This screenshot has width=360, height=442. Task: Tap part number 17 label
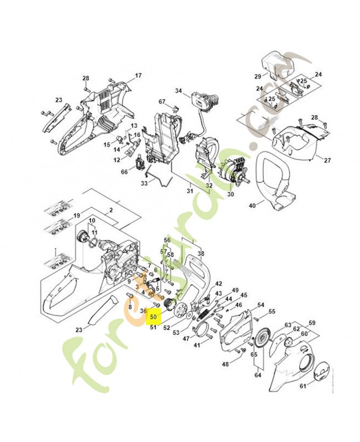(x=138, y=75)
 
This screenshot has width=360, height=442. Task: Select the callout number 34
(x=178, y=91)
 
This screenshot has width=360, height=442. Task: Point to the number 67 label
(x=162, y=102)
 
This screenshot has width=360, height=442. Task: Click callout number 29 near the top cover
(x=257, y=76)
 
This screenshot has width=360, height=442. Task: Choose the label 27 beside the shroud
(x=327, y=160)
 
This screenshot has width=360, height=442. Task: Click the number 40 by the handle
(x=252, y=206)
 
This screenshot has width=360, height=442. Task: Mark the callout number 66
(x=124, y=172)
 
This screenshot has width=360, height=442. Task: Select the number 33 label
(x=144, y=183)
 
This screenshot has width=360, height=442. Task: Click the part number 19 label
(x=77, y=215)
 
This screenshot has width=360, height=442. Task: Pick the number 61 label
(x=303, y=386)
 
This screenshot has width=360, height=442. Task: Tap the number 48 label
(x=225, y=364)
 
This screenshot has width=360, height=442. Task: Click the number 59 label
(x=311, y=323)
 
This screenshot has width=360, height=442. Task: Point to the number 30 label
(x=230, y=194)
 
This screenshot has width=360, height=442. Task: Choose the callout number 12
(x=117, y=160)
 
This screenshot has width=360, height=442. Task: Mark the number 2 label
(x=111, y=210)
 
